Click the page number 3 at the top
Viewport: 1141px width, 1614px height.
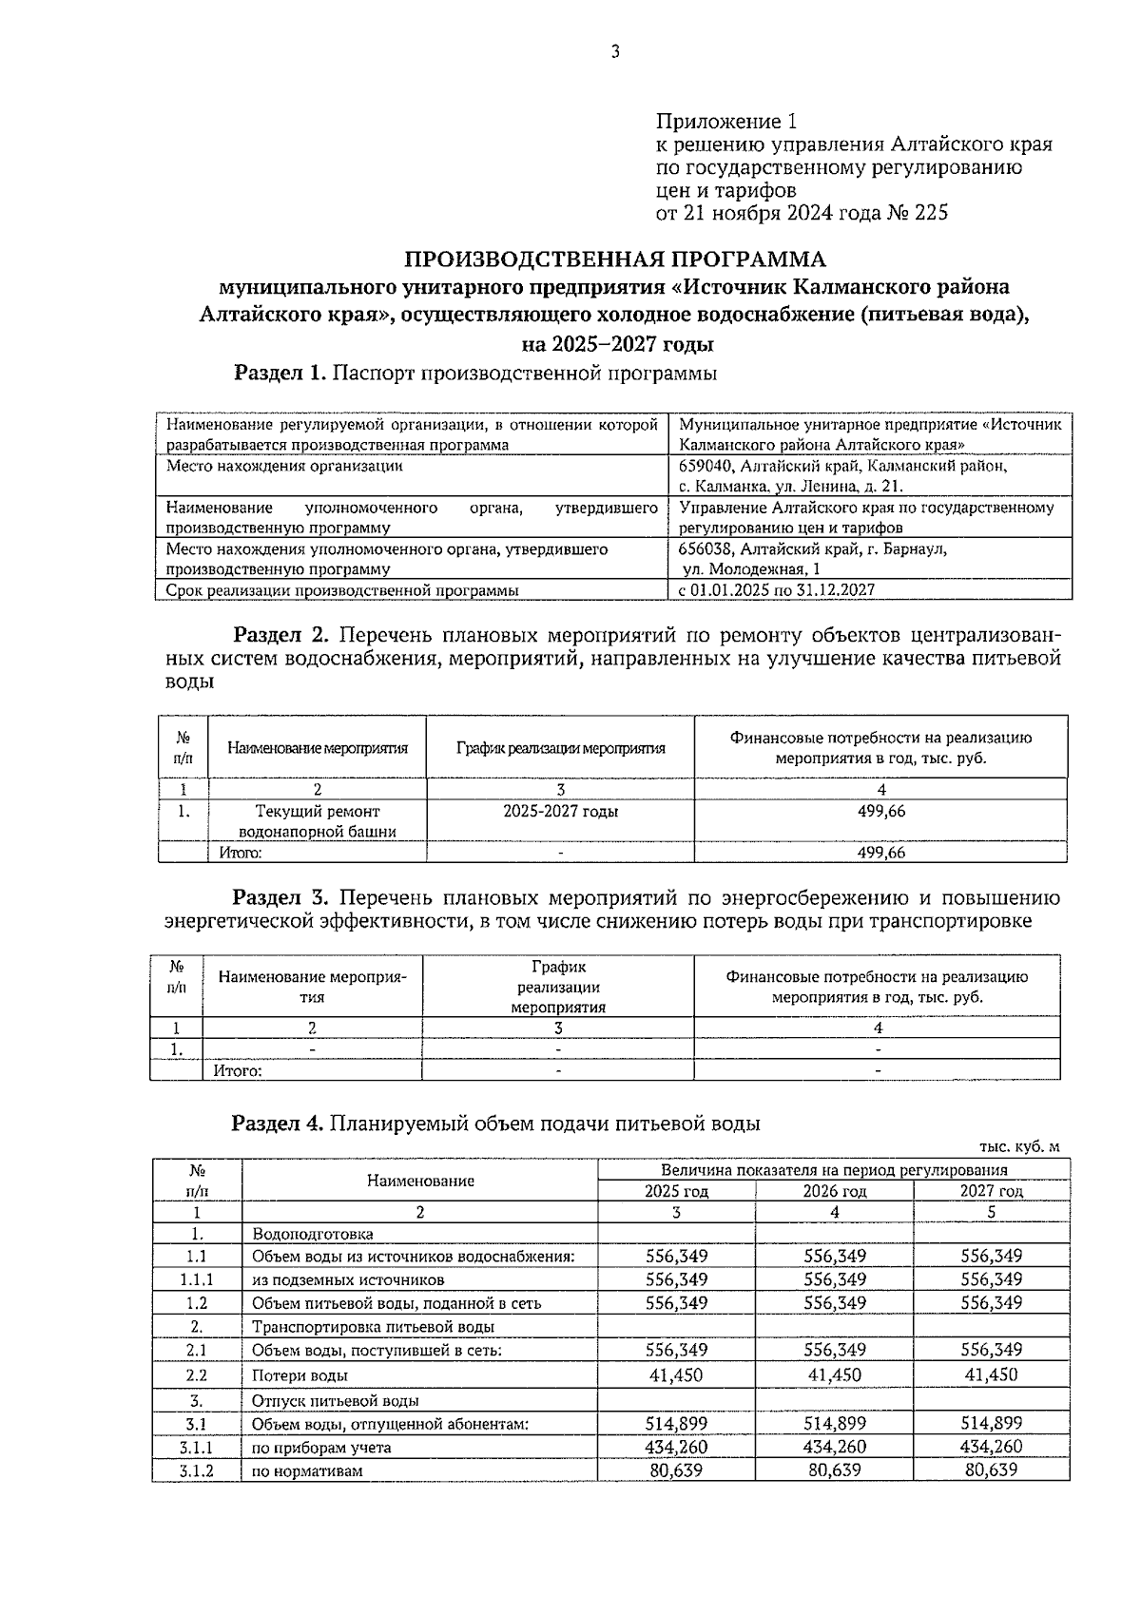pos(615,52)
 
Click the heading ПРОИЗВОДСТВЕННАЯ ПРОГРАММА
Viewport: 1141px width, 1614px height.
pos(616,259)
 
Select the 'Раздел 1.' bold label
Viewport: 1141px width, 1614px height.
pos(280,374)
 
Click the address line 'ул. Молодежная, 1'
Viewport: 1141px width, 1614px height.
pos(752,569)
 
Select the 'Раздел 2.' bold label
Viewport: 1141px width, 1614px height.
pos(281,634)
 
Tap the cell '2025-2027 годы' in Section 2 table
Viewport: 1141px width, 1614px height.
pos(560,811)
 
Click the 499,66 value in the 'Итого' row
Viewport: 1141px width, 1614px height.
pos(880,853)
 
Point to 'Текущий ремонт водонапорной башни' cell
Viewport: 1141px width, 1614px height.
pos(318,821)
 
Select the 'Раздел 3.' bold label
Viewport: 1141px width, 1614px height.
pos(281,897)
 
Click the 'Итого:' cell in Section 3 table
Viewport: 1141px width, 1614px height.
pos(238,1070)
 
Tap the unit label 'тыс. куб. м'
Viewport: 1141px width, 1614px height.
pos(1019,1147)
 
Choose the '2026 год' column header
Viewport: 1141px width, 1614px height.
pos(834,1191)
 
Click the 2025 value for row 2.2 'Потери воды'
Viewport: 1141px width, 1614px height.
pos(676,1374)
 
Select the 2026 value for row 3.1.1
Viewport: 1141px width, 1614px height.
pos(834,1447)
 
